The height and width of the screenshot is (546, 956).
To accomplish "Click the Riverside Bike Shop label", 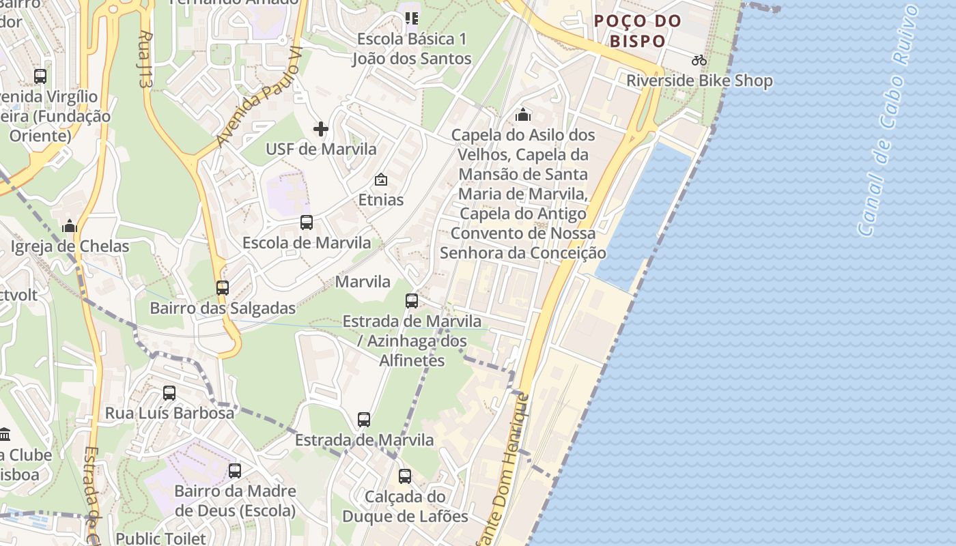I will pyautogui.click(x=699, y=81).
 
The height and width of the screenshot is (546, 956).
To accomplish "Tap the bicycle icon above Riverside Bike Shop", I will pyautogui.click(x=699, y=60).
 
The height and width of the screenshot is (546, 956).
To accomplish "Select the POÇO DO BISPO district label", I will pyautogui.click(x=638, y=31).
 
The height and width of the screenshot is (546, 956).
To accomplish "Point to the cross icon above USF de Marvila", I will pyautogui.click(x=320, y=128).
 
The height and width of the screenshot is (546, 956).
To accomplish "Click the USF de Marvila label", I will pyautogui.click(x=320, y=149).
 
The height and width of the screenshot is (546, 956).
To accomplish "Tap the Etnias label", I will pyautogui.click(x=380, y=200).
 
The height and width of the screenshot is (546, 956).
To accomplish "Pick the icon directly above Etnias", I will pyautogui.click(x=380, y=180).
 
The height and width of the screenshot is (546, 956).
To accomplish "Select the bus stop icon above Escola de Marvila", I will pyautogui.click(x=307, y=222).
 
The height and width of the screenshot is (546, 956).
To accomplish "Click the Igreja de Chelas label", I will pyautogui.click(x=70, y=246).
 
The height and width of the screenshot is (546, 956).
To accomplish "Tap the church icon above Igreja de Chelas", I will pyautogui.click(x=70, y=226).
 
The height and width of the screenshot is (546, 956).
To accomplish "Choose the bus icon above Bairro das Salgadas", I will pyautogui.click(x=223, y=288).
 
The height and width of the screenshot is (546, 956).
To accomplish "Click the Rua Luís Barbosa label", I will pyautogui.click(x=169, y=413).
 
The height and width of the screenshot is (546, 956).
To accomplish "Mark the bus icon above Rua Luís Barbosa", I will pyautogui.click(x=169, y=393).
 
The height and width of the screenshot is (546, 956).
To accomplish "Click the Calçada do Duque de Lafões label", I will pyautogui.click(x=405, y=506).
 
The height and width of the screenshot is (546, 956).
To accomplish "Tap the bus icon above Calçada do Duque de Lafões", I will pyautogui.click(x=405, y=476).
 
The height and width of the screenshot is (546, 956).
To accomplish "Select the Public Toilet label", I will pyautogui.click(x=160, y=538).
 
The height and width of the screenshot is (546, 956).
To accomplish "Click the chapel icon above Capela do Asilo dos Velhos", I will pyautogui.click(x=523, y=114).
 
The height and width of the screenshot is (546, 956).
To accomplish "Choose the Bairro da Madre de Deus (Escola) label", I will pyautogui.click(x=235, y=501).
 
